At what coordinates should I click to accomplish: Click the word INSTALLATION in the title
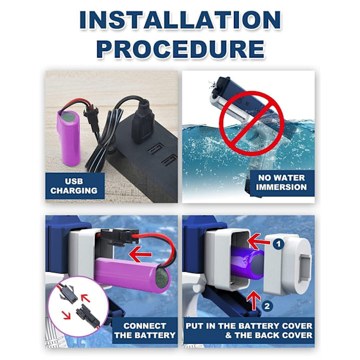[180, 20]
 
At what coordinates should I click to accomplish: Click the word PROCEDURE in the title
[181, 49]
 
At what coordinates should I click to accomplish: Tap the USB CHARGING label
[74, 186]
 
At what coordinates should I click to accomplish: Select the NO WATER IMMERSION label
[281, 182]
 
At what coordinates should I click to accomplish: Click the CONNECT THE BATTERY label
[145, 331]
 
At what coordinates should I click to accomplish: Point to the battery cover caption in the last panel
[249, 331]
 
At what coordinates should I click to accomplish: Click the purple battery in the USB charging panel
[69, 138]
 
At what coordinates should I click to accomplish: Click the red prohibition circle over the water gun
[252, 123]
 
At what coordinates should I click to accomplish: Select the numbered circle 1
[278, 244]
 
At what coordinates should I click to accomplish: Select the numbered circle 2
[267, 306]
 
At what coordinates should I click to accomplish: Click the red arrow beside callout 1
[259, 242]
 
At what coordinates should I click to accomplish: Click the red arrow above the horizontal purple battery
[140, 254]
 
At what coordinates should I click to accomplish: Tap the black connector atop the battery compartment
[119, 237]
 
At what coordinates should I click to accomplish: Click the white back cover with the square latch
[287, 265]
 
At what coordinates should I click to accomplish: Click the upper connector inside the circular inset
[68, 293]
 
